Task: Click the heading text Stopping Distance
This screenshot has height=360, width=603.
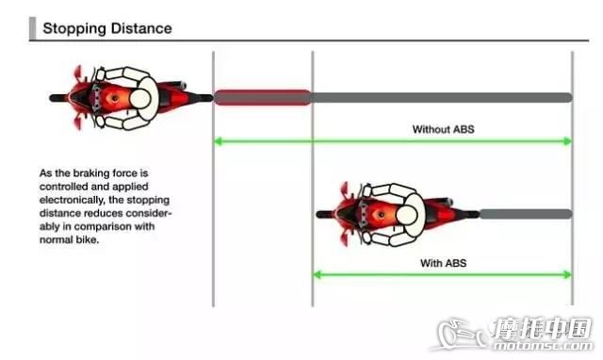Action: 107,28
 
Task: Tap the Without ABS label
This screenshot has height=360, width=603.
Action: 444,129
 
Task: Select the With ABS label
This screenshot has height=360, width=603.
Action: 444,263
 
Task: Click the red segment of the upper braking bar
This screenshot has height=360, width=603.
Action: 263,97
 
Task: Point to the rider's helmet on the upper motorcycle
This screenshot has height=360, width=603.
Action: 140,98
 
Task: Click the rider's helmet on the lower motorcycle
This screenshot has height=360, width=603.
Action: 406,215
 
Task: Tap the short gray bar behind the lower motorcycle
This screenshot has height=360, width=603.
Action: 526,214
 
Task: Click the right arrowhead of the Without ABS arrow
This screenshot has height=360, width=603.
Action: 568,141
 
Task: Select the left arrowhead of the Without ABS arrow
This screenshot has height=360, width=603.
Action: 218,141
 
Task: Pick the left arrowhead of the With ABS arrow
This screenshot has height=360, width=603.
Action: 318,274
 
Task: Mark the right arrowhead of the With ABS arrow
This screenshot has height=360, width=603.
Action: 568,274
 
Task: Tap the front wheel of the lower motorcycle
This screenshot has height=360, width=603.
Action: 325,214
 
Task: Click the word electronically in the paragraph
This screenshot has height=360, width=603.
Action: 72,200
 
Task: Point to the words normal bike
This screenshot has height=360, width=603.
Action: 69,240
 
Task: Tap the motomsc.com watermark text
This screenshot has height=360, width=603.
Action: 543,345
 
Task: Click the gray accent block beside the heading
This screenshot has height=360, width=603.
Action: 32,28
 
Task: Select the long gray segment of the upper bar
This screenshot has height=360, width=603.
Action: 442,98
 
